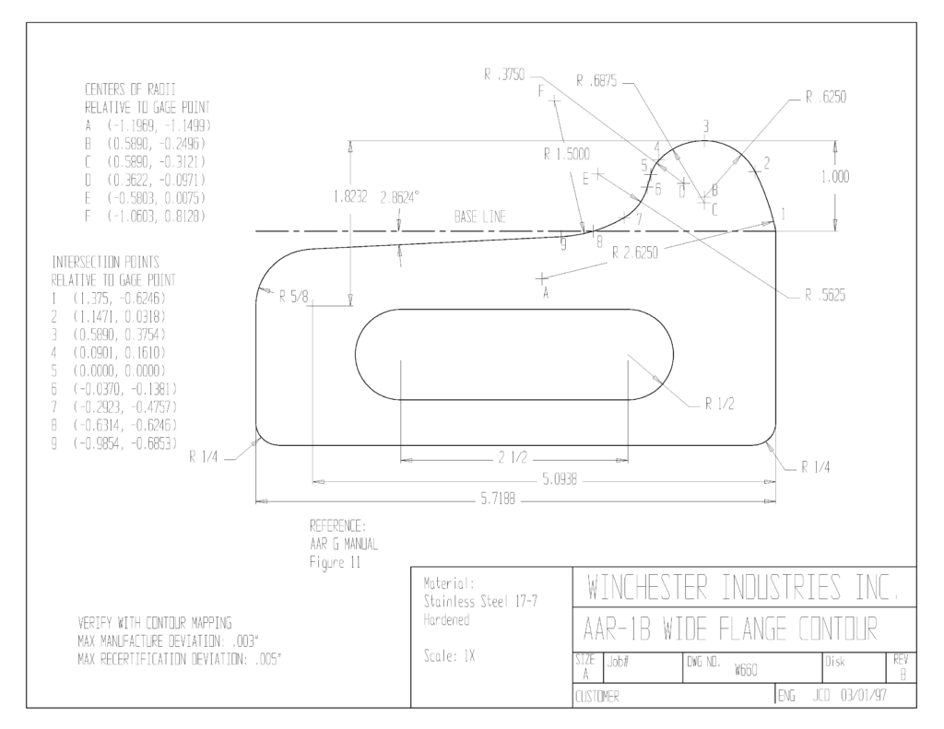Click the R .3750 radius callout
[x=504, y=76]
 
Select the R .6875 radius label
[x=596, y=81]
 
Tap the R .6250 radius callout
[x=826, y=98]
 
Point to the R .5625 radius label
[x=825, y=295]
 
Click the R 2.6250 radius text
[x=635, y=253]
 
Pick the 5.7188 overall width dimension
[x=498, y=500]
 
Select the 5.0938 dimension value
[x=560, y=480]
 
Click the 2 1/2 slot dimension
[x=513, y=459]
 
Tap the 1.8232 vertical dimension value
[x=349, y=197]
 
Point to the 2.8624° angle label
[x=399, y=197]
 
